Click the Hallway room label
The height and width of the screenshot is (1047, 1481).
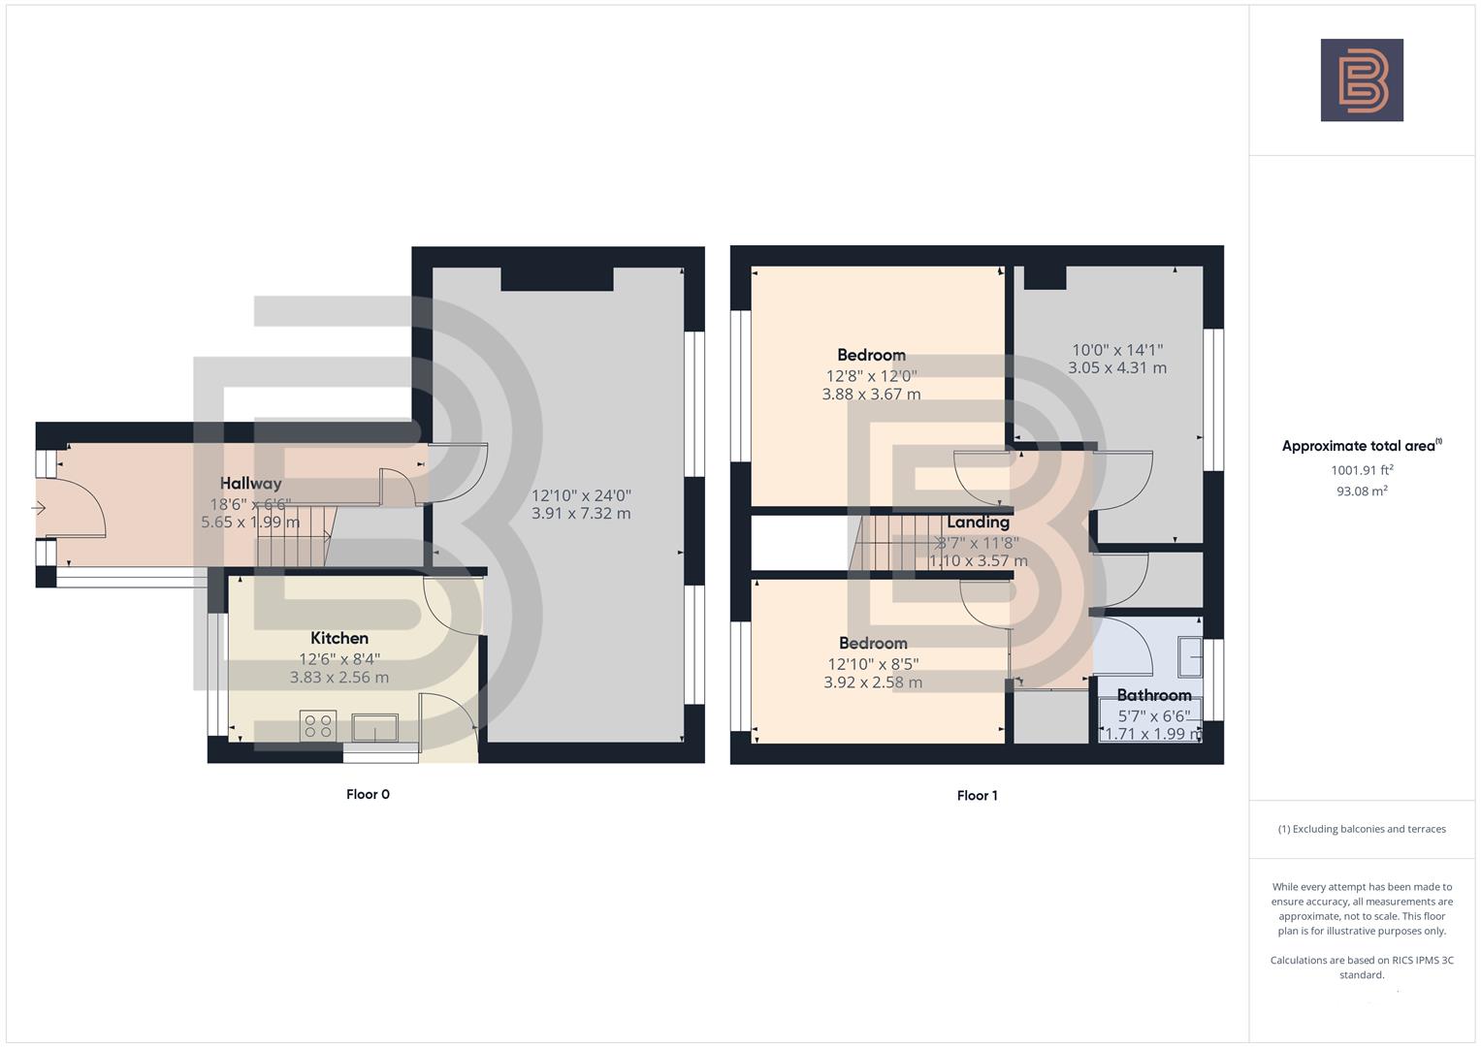point(250,483)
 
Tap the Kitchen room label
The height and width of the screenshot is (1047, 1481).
point(339,638)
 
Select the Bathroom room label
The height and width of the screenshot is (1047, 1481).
point(1154,695)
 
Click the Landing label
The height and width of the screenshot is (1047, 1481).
point(978,523)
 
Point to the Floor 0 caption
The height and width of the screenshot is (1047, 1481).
point(368,794)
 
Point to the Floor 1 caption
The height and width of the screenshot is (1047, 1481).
point(977,795)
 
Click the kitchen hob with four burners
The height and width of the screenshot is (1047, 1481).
point(318,725)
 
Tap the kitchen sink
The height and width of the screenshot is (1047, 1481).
point(374,727)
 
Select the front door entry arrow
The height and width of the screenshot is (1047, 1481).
point(40,508)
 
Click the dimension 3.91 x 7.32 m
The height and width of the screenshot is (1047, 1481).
point(581,514)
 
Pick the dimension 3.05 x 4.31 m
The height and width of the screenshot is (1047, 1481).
point(1117,368)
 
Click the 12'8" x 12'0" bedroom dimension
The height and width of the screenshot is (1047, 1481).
point(871,375)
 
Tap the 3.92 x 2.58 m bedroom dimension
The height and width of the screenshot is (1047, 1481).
point(873,682)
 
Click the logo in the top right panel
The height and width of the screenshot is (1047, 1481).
point(1362,80)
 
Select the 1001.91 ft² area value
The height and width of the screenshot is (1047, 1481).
point(1362,470)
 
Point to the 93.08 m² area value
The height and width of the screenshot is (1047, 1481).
point(1362,491)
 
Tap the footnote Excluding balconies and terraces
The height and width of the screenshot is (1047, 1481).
point(1362,829)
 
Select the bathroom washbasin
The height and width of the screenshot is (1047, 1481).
point(1189,656)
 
